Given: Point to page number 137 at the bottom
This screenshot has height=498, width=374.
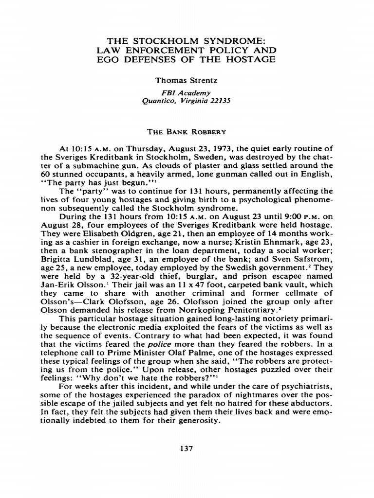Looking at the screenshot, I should coord(187,448).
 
